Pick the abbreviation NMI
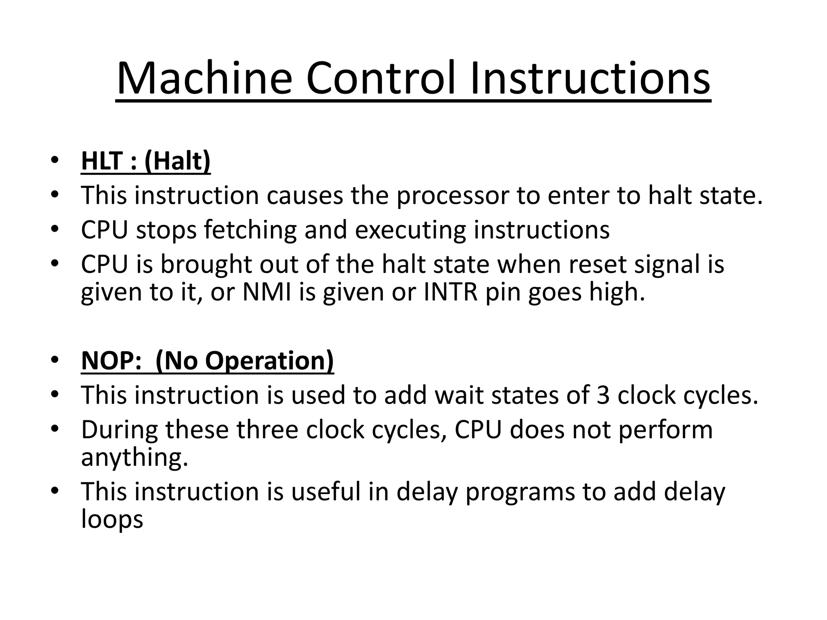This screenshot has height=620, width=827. [x=267, y=292]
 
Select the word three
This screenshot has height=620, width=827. [x=268, y=429]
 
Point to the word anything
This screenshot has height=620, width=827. [x=134, y=457]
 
